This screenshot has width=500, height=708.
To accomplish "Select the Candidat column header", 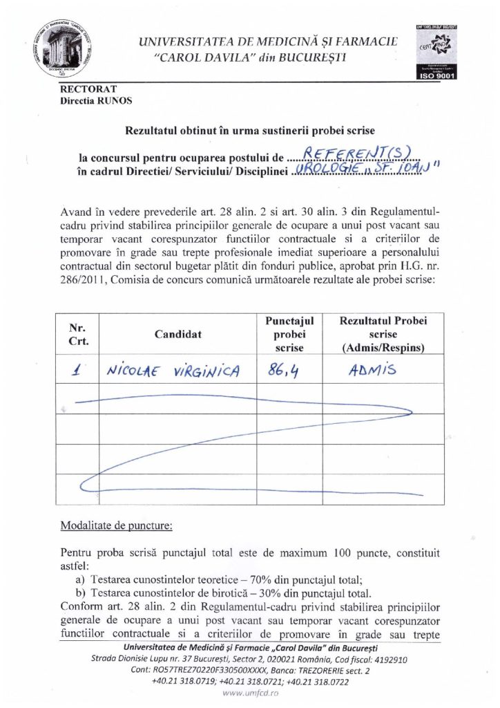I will [x=178, y=334].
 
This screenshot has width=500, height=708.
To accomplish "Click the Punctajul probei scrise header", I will [x=289, y=334].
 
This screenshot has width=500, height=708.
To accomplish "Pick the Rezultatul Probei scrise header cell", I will [x=383, y=334].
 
